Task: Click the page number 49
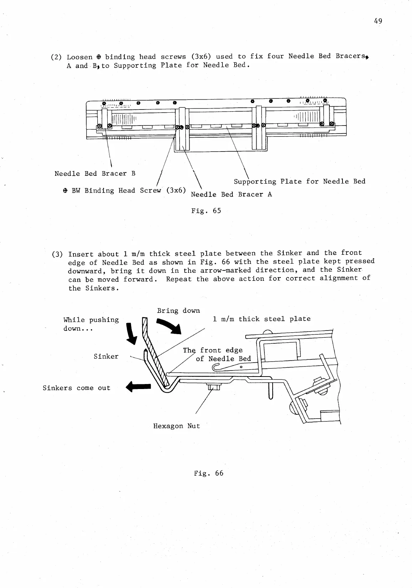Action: tap(378, 21)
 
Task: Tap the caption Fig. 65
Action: tap(206, 211)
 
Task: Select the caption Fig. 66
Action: tap(208, 473)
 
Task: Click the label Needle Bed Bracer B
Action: tap(95, 174)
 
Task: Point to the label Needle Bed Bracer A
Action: tap(231, 194)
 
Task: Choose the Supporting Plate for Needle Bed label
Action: tap(299, 181)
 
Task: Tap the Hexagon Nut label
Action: tap(176, 426)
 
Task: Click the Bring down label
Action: tap(178, 311)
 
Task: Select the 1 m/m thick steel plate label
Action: tap(262, 319)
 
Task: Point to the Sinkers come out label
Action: tap(76, 388)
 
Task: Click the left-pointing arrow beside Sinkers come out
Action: tap(139, 386)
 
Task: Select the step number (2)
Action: tap(57, 57)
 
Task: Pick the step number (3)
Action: tap(58, 254)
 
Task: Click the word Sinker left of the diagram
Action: tap(106, 356)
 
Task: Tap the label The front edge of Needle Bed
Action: tap(217, 354)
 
